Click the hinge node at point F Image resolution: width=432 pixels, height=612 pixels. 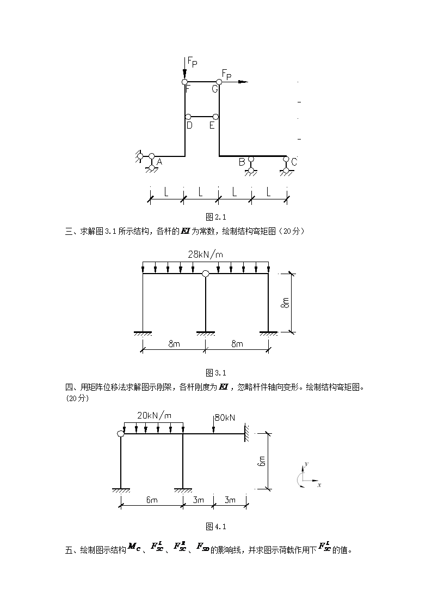[184, 82]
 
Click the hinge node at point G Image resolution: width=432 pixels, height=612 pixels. [219, 82]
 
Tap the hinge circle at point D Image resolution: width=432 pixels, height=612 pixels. [188, 117]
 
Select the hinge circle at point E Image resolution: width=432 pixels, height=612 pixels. [215, 117]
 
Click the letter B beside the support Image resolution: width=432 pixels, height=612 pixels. [242, 162]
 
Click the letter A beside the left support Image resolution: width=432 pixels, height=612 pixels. [159, 162]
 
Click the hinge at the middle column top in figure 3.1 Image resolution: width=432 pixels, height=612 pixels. [205, 274]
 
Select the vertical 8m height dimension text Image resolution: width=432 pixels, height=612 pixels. [285, 302]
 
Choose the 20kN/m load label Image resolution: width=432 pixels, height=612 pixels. [154, 415]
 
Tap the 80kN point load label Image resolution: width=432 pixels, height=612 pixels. [225, 417]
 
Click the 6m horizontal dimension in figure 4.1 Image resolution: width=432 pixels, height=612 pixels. [152, 500]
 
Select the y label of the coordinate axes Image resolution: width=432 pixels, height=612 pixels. [306, 463]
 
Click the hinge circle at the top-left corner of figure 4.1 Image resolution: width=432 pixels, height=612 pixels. [121, 434]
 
